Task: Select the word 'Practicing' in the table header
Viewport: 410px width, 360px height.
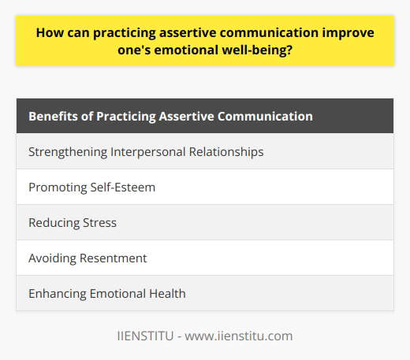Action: click(x=131, y=116)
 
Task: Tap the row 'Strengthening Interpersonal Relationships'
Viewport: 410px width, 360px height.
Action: click(x=205, y=151)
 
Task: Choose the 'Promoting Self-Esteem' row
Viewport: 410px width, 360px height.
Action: click(x=205, y=187)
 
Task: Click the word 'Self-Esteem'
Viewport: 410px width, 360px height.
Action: click(x=119, y=187)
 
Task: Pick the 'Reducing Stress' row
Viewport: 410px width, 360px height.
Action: click(x=205, y=222)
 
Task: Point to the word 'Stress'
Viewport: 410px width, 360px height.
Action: click(x=100, y=222)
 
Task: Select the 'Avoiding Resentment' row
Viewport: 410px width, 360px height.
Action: click(x=205, y=258)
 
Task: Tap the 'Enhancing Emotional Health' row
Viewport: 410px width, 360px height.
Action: click(x=205, y=293)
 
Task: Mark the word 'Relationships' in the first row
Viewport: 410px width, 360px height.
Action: click(x=229, y=151)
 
